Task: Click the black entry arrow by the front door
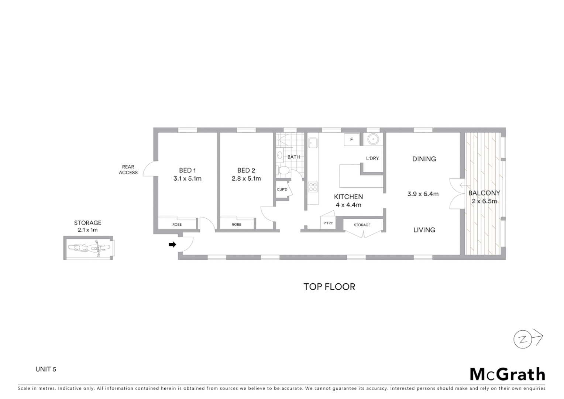click(x=172, y=244)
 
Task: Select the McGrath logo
click(x=507, y=374)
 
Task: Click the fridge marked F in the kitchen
click(x=351, y=140)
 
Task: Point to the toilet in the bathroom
click(x=283, y=171)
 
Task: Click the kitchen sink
click(x=313, y=142)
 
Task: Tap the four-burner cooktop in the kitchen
click(x=313, y=187)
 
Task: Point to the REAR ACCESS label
click(x=128, y=170)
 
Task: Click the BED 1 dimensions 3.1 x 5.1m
click(x=188, y=179)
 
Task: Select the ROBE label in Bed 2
click(x=237, y=224)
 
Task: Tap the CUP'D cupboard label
click(x=282, y=190)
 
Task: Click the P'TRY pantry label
click(x=328, y=223)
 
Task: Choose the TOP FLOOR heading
click(x=329, y=287)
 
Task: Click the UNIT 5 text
click(x=46, y=369)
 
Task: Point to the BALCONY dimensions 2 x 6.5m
click(x=484, y=201)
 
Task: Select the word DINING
click(x=424, y=159)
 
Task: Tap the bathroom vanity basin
click(x=280, y=155)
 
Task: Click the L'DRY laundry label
click(x=372, y=158)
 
